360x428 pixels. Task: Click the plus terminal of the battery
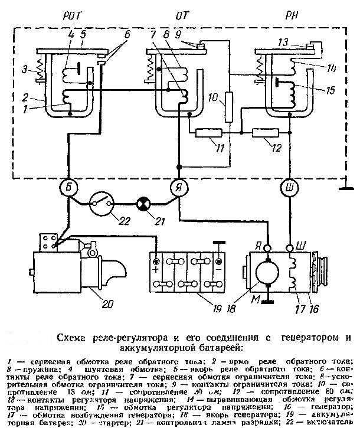(x=155, y=262)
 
